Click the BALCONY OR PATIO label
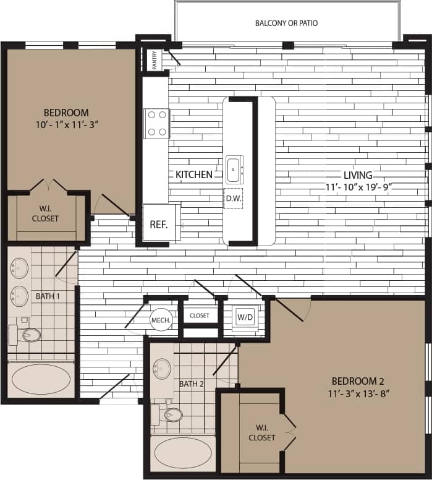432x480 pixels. (x=286, y=24)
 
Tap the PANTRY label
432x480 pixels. (x=153, y=60)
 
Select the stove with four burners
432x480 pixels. (x=156, y=123)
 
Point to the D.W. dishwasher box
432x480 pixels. (x=234, y=199)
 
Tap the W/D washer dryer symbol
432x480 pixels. (x=245, y=318)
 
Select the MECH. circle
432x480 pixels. (x=161, y=320)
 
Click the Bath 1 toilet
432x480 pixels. (x=27, y=335)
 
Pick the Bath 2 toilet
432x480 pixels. (x=171, y=414)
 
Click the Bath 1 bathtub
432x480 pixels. (x=41, y=379)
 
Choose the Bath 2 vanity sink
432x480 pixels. (x=163, y=369)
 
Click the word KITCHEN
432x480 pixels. (x=194, y=175)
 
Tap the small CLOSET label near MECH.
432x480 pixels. (x=200, y=315)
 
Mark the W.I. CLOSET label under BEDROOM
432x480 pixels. (x=45, y=213)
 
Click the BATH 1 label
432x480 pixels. (x=48, y=296)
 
